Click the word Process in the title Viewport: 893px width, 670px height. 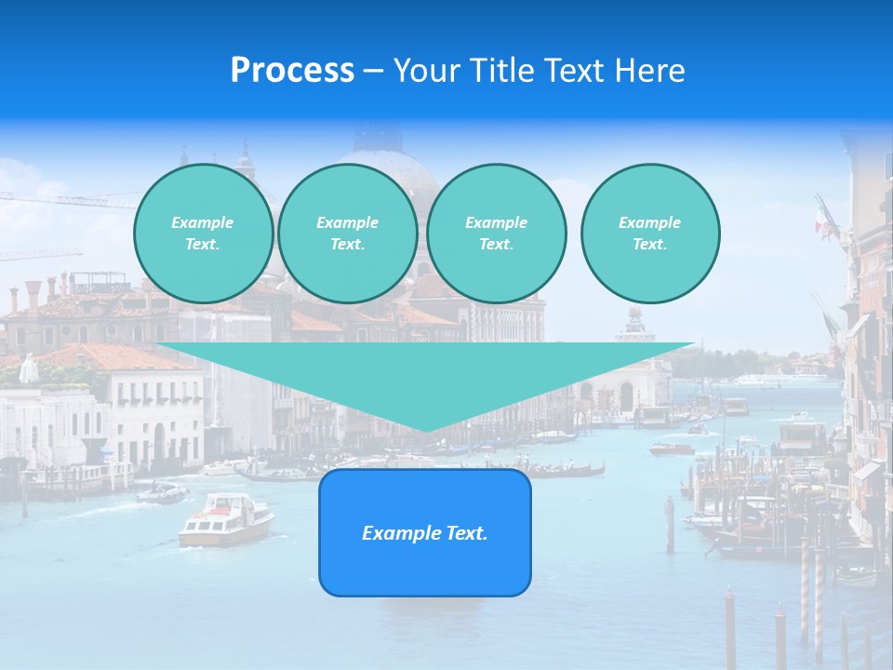[292, 71]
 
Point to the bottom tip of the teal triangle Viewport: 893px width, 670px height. [426, 430]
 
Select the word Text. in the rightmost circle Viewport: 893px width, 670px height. [649, 244]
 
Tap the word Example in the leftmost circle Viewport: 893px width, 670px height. [203, 222]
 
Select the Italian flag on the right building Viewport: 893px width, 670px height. [821, 221]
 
